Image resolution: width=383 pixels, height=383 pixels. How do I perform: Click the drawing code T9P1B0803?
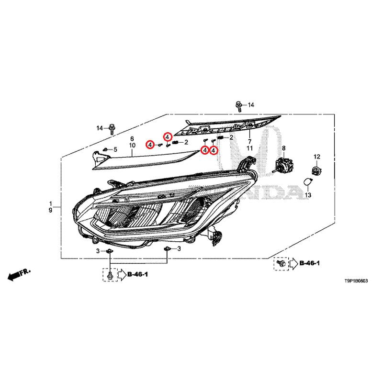point(356,281)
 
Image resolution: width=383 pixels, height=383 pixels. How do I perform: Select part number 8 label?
point(283,148)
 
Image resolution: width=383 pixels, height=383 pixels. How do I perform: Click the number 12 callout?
point(317,157)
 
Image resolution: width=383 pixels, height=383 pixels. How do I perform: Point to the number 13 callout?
point(308,195)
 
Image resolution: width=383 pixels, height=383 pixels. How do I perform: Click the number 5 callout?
point(115,149)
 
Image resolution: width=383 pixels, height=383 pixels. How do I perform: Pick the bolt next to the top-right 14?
point(238,106)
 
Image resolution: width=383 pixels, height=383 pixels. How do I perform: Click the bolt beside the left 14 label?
point(112,129)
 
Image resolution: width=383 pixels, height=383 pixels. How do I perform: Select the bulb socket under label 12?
point(317,170)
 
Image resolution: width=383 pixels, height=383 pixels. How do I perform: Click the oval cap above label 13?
point(307,182)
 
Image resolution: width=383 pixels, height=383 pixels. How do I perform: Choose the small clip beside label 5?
point(106,149)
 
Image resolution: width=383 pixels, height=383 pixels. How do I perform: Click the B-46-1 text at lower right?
point(309,263)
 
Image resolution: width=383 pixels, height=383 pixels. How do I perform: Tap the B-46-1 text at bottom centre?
point(138,274)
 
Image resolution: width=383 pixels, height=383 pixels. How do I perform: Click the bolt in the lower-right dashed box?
point(281,263)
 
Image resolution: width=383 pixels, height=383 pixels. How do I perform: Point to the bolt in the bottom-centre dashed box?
point(110,275)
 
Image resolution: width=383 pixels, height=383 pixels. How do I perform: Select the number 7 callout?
point(249,141)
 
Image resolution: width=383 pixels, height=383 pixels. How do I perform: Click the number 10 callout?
point(132,146)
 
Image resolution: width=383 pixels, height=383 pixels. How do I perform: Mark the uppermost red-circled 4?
point(168,137)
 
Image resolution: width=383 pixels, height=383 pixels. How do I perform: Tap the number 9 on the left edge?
point(50,210)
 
